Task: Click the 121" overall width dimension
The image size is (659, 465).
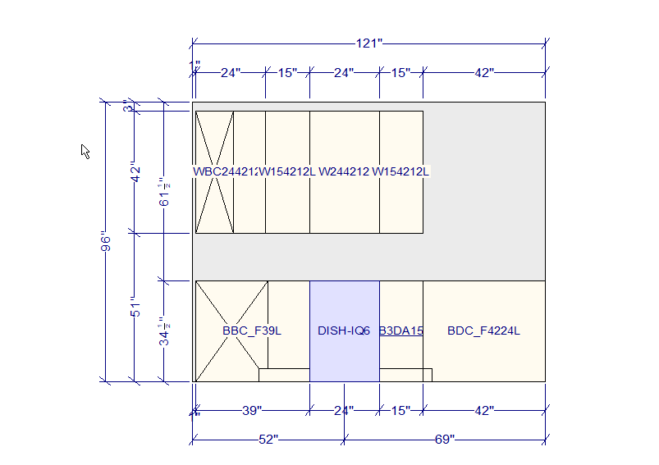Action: pyautogui.click(x=368, y=43)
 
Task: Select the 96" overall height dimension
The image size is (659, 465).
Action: pyautogui.click(x=105, y=243)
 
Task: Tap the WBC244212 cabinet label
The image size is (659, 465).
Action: pyautogui.click(x=225, y=172)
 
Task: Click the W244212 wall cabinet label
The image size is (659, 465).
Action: pyautogui.click(x=344, y=172)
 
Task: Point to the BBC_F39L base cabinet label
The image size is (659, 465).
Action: pyautogui.click(x=252, y=331)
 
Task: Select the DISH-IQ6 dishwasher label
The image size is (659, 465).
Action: pyautogui.click(x=344, y=331)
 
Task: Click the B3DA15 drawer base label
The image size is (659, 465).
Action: pyautogui.click(x=401, y=331)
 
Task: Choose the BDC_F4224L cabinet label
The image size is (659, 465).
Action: pyautogui.click(x=484, y=331)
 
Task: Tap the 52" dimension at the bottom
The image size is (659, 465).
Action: pyautogui.click(x=268, y=440)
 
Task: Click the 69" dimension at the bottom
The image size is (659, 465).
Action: pyautogui.click(x=444, y=440)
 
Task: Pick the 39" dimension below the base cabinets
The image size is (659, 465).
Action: pyautogui.click(x=252, y=410)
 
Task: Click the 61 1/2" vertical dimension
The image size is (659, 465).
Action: pyautogui.click(x=165, y=192)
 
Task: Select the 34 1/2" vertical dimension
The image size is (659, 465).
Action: pyautogui.click(x=165, y=331)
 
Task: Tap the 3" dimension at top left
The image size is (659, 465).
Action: pyautogui.click(x=127, y=107)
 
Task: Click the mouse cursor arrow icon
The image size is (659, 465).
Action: pyautogui.click(x=85, y=151)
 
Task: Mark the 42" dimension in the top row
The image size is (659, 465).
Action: pyautogui.click(x=484, y=73)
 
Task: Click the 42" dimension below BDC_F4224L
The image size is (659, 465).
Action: pyautogui.click(x=484, y=410)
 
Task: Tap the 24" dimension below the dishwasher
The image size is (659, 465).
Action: pyautogui.click(x=344, y=410)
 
